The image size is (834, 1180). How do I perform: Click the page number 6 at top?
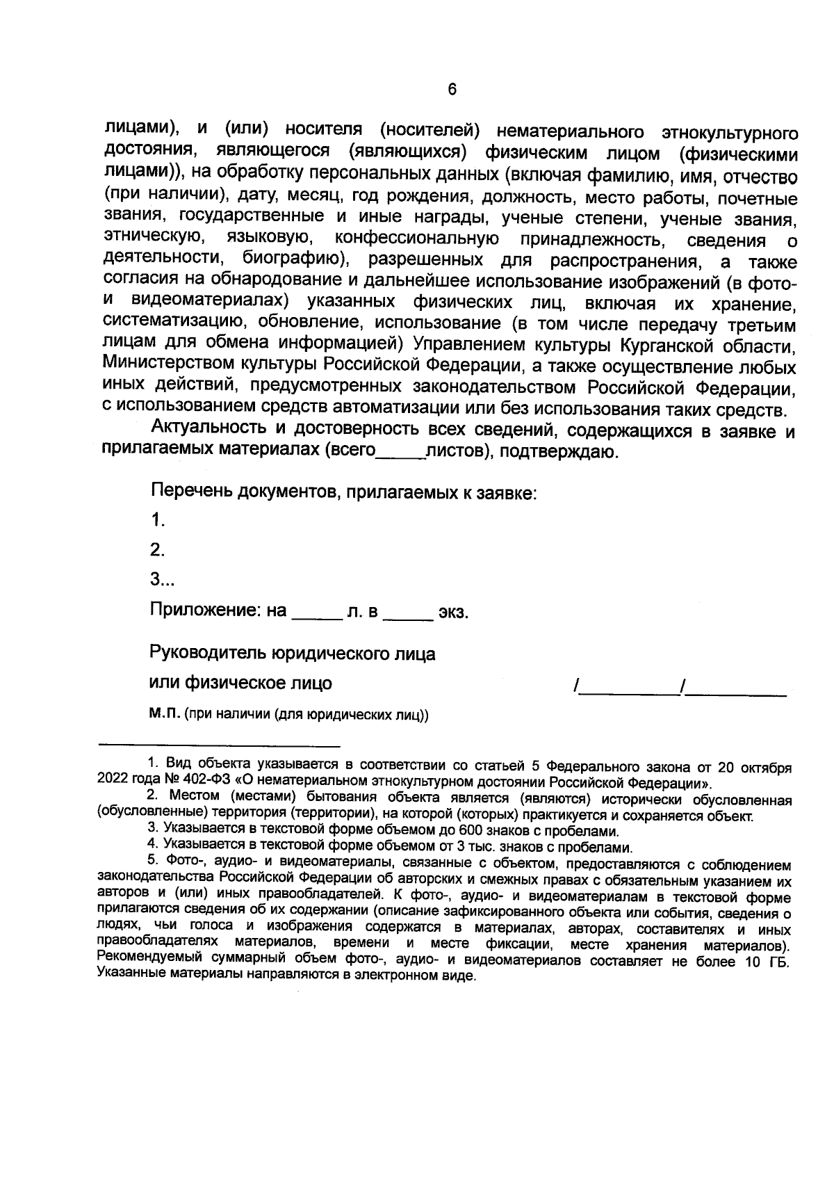point(452,90)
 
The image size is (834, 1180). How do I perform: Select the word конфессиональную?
point(417,241)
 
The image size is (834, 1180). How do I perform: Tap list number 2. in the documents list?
point(157,551)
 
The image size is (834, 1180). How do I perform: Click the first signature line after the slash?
point(630,691)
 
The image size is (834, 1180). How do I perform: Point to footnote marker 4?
point(152,848)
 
